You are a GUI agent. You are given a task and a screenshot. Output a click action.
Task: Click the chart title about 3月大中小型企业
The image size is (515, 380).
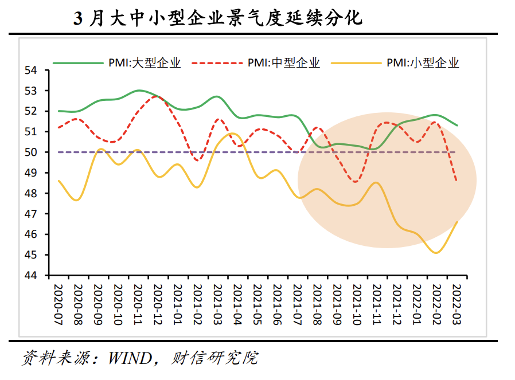(x=218, y=18)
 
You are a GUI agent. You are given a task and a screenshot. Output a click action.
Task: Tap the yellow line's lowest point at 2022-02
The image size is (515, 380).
(x=437, y=253)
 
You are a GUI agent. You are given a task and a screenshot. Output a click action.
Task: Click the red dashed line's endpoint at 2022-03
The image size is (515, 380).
(x=457, y=181)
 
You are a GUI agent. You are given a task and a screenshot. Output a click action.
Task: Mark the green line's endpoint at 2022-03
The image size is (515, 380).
(x=457, y=126)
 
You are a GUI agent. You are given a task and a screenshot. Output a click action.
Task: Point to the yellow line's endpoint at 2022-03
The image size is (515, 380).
(x=457, y=222)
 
